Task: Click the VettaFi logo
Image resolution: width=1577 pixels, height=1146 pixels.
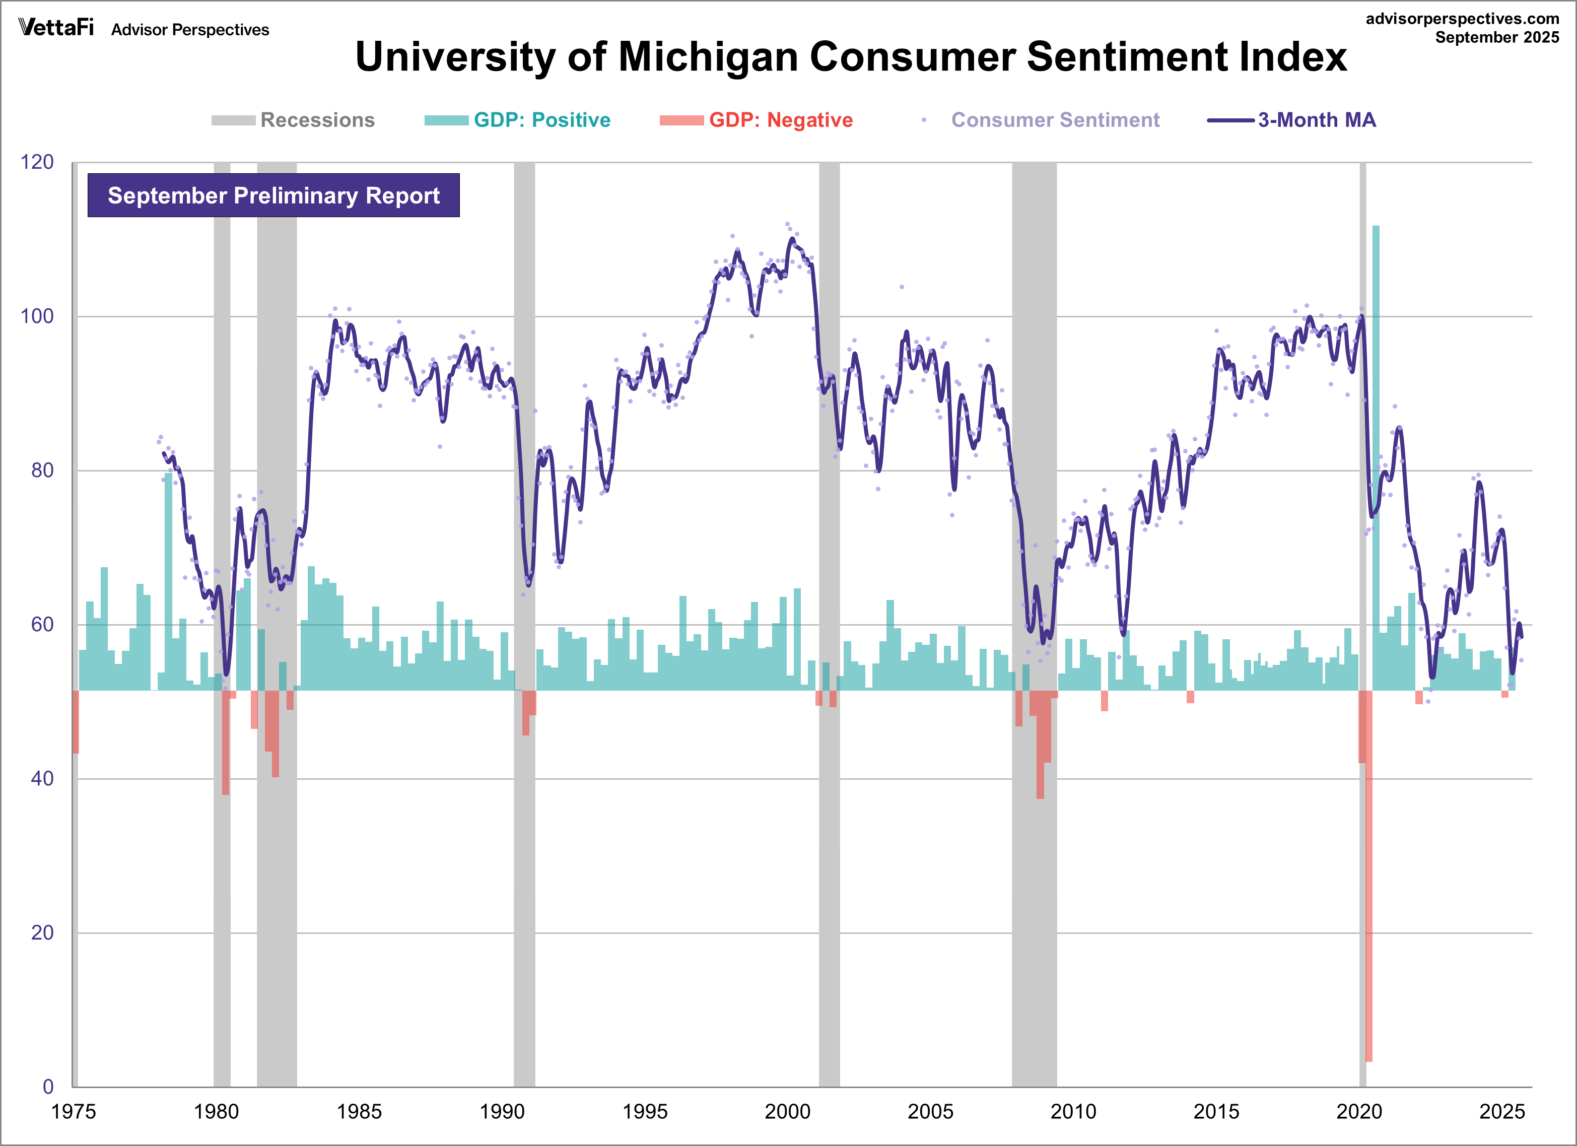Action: [55, 28]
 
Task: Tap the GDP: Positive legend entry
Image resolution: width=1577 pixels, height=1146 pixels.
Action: [541, 120]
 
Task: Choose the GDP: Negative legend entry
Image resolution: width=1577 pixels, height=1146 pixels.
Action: [780, 120]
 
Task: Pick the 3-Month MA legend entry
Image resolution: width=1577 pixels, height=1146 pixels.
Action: [1316, 120]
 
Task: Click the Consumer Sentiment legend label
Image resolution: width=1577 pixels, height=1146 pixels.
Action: [1055, 120]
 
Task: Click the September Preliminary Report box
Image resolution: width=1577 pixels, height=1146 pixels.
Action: [273, 195]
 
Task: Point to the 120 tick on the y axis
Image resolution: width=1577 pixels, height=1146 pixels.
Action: [37, 162]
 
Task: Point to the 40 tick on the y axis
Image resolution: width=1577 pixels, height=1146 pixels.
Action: [42, 778]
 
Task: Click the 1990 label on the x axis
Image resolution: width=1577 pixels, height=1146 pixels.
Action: [502, 1111]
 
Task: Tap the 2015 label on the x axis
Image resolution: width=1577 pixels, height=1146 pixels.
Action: [1216, 1111]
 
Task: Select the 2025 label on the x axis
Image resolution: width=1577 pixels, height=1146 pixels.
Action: [1502, 1111]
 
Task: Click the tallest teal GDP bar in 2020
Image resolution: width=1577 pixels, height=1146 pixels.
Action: [1376, 452]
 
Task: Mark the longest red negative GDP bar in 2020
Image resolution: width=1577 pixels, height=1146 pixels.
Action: [1369, 876]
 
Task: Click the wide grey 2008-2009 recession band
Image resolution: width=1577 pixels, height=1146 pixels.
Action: [1034, 904]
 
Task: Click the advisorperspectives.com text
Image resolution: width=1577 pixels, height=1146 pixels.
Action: [1462, 19]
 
